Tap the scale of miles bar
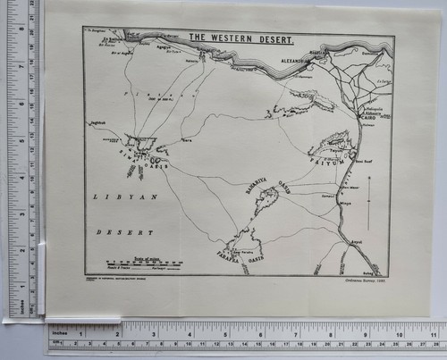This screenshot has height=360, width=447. [131, 264]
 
